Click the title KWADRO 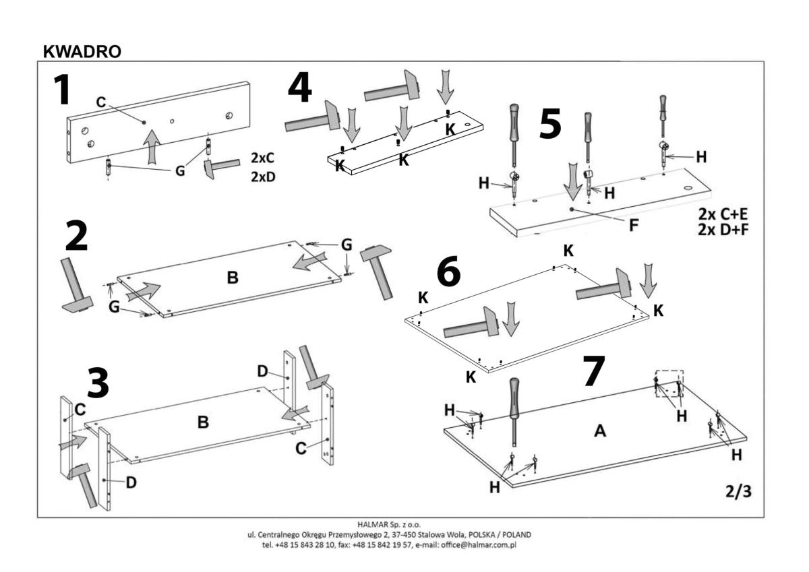[82, 52]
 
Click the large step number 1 [63, 90]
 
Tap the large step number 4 [299, 89]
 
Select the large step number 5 [550, 125]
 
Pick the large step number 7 [593, 372]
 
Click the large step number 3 [98, 383]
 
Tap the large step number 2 [76, 238]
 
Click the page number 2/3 [738, 492]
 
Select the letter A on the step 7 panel [599, 432]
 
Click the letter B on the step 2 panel [232, 277]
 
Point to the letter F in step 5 [634, 226]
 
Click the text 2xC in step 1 [264, 159]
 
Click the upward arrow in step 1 [154, 146]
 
